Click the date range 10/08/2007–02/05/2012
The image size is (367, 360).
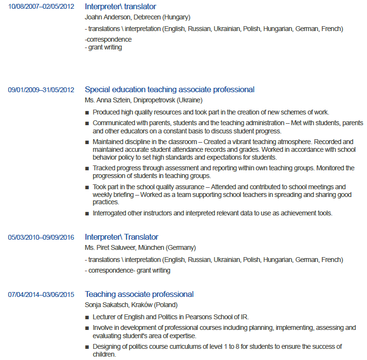[x=41, y=7]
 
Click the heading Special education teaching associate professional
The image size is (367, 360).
[x=169, y=89]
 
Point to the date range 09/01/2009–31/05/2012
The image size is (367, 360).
[x=41, y=90]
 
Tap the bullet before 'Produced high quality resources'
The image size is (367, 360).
[x=87, y=112]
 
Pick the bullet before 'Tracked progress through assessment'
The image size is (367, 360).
[x=87, y=168]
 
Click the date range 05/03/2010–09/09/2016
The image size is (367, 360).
[x=41, y=237]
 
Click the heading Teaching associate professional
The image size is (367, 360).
[x=139, y=294]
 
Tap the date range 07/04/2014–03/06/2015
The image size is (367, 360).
[x=41, y=295]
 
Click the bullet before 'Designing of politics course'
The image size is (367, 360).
[x=87, y=347]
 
